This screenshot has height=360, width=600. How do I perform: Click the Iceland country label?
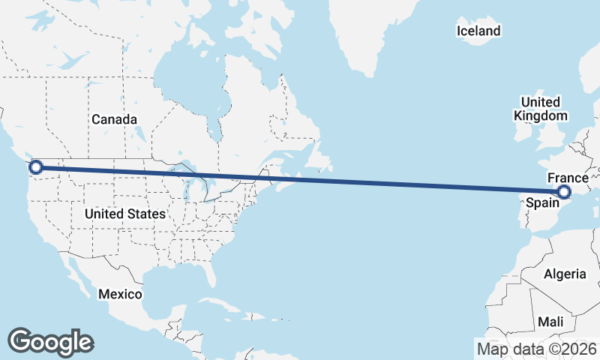tap(478, 31)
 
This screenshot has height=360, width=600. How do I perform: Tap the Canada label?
tap(114, 119)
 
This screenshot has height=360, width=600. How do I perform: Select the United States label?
tap(124, 214)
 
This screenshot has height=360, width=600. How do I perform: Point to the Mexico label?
tap(120, 294)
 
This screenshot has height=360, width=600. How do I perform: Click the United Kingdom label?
tap(540, 109)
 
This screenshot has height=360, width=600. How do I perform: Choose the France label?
tap(568, 178)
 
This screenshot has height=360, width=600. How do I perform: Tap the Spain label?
tap(541, 202)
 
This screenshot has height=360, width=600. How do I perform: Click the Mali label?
tap(550, 321)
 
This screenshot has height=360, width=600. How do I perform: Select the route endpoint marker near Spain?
tap(565, 192)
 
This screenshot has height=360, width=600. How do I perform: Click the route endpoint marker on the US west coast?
tap(34, 167)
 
